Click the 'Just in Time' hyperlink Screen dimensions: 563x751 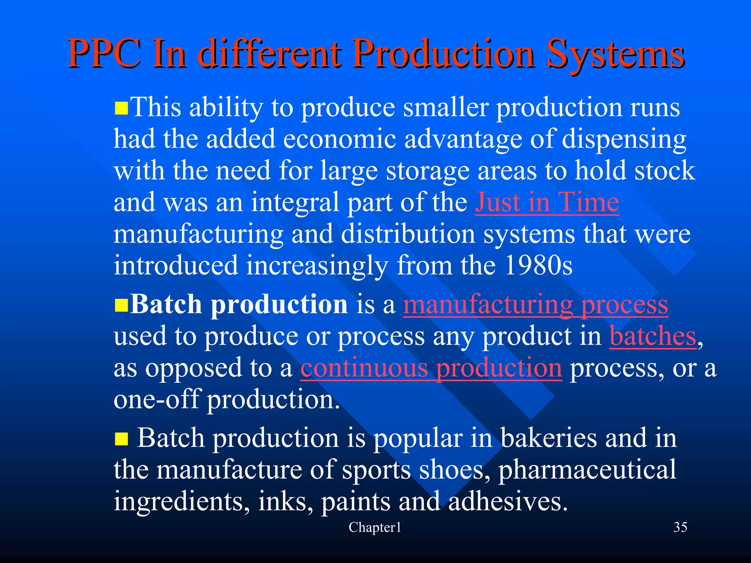[x=547, y=202]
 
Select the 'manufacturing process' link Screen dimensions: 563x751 [x=535, y=305]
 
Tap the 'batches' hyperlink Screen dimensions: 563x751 [x=652, y=336]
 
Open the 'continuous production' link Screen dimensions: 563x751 [x=431, y=368]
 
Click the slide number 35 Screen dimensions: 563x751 [x=680, y=527]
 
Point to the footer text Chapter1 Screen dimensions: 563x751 [x=375, y=527]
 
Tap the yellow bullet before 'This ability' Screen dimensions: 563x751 [x=121, y=109]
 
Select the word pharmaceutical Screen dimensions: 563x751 [x=587, y=470]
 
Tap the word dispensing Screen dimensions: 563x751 [x=624, y=140]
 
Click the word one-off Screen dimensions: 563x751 [x=157, y=399]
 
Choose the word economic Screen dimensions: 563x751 [x=340, y=139]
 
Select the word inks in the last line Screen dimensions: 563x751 [x=282, y=501]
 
